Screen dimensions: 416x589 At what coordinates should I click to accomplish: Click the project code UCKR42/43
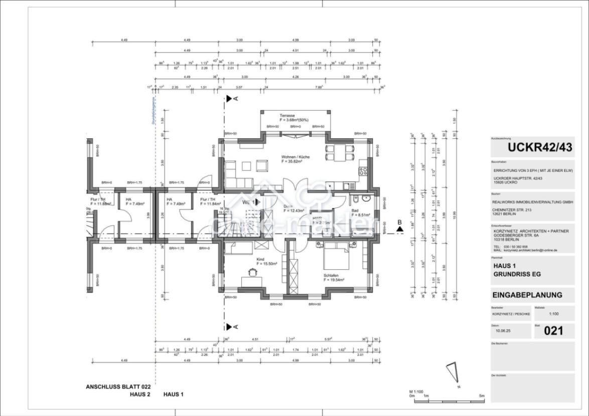pyautogui.click(x=532, y=147)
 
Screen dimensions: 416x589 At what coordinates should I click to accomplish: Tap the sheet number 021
pyautogui.click(x=553, y=331)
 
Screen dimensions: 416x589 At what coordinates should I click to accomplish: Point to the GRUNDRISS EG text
pyautogui.click(x=517, y=274)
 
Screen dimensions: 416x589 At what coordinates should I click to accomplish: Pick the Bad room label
pyautogui.click(x=355, y=211)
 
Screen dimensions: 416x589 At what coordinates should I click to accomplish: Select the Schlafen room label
pyautogui.click(x=331, y=276)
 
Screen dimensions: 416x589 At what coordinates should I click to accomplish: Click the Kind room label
pyautogui.click(x=260, y=260)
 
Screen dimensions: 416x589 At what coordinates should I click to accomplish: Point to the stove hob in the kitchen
pyautogui.click(x=363, y=172)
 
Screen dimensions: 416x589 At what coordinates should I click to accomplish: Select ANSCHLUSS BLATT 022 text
pyautogui.click(x=118, y=386)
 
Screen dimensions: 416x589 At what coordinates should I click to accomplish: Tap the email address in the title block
pyautogui.click(x=530, y=250)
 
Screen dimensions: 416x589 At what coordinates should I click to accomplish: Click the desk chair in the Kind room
pyautogui.click(x=251, y=271)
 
